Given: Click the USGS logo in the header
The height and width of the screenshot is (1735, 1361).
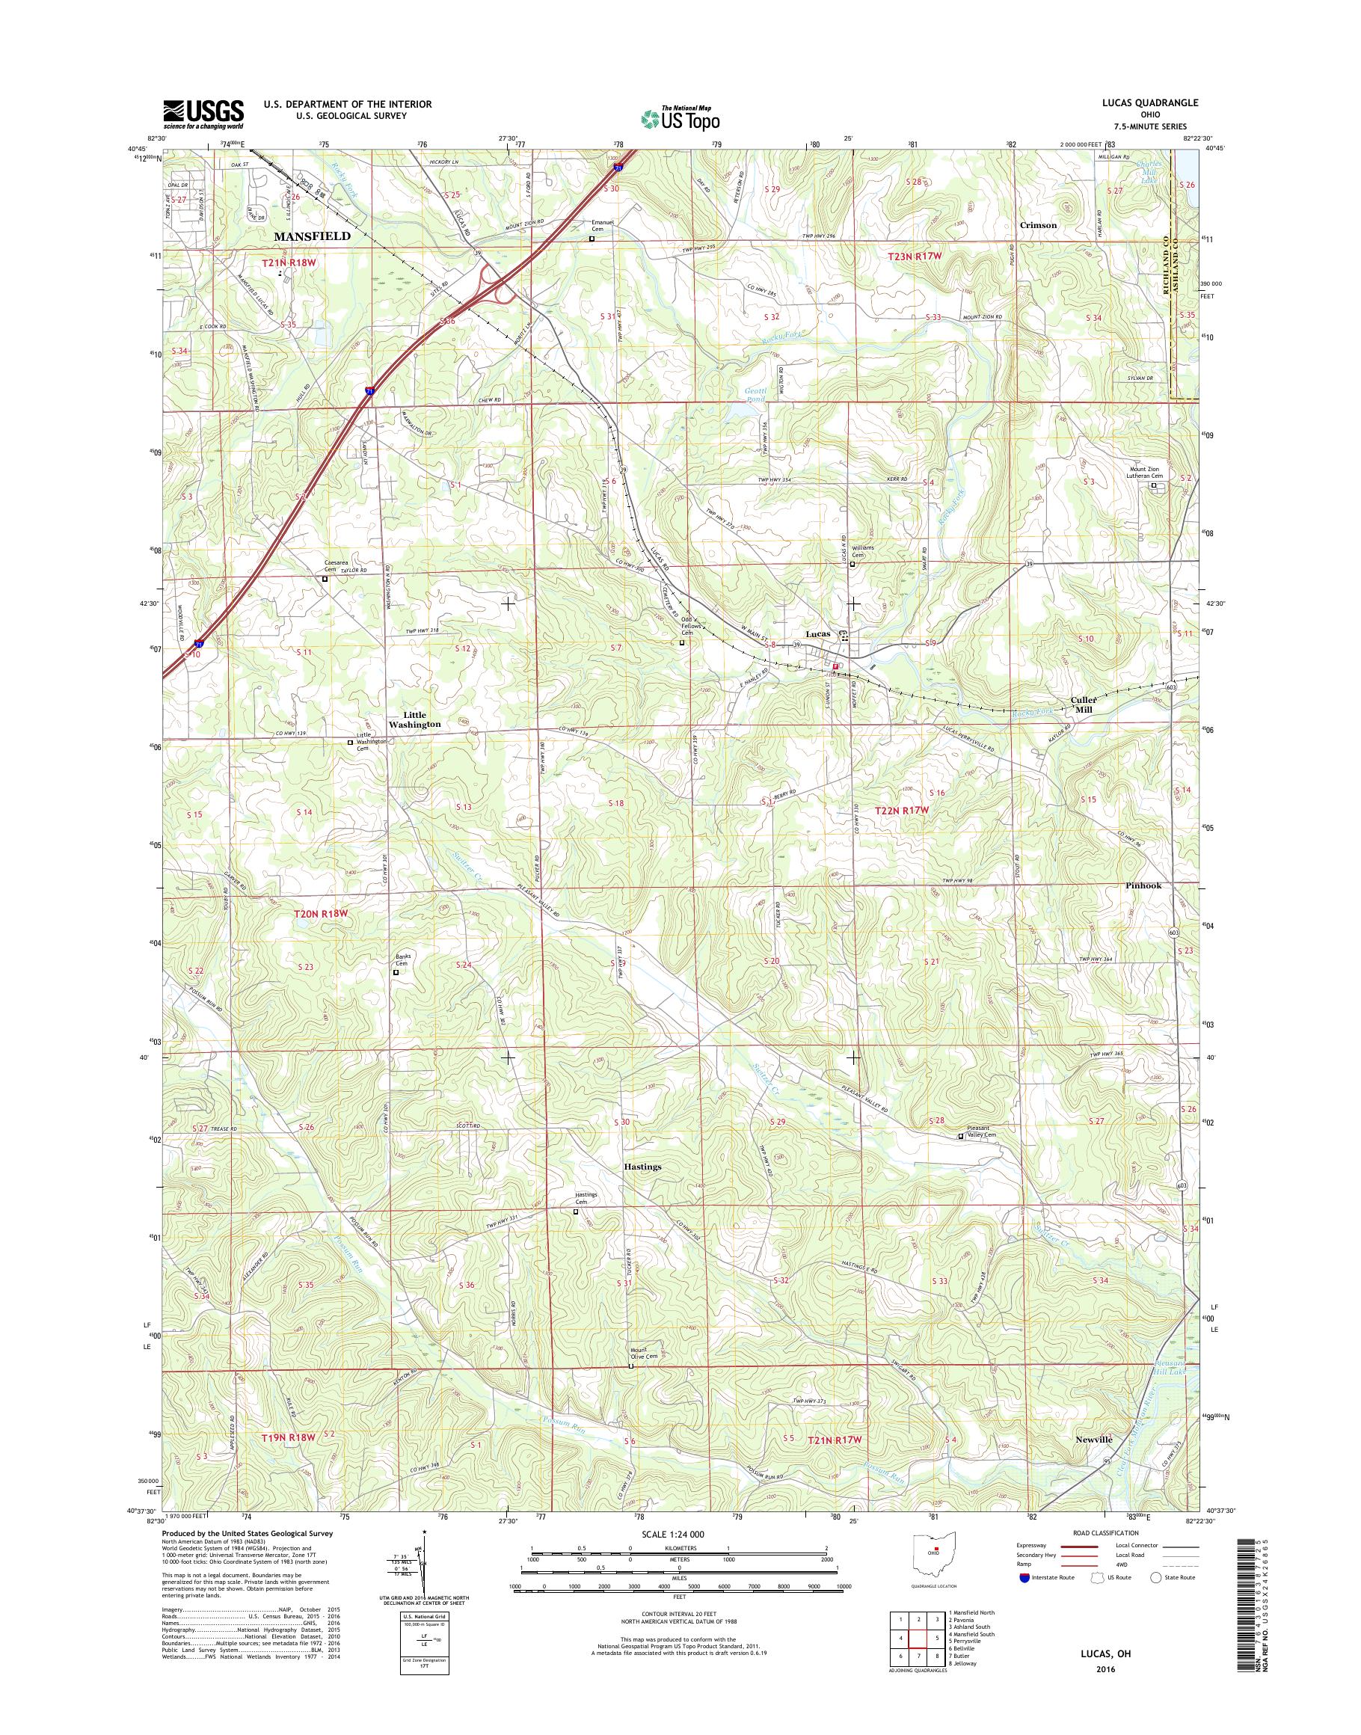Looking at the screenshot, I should tap(203, 114).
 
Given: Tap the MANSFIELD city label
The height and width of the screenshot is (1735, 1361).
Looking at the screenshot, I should tap(312, 237).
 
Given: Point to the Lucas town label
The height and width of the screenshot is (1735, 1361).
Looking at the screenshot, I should tap(817, 633).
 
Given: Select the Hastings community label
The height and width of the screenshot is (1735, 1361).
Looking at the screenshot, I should tap(642, 1166).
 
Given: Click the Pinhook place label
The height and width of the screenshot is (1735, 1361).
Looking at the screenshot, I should tap(1143, 885).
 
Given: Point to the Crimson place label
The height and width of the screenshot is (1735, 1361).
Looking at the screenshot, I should tap(1037, 225).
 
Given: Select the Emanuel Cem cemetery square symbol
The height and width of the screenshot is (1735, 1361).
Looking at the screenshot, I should tap(592, 239).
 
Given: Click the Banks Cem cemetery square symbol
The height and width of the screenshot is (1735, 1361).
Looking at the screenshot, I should tap(396, 972).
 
